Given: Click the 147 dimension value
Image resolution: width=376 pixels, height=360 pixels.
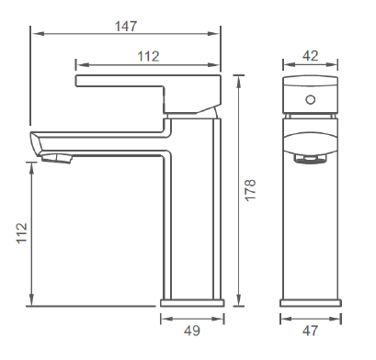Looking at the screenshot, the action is click(x=126, y=27).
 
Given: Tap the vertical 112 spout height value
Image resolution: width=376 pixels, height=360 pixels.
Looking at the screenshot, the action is click(x=22, y=233).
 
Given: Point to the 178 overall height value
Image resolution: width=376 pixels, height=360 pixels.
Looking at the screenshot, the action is click(x=250, y=190).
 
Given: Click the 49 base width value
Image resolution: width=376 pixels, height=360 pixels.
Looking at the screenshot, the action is click(x=192, y=331).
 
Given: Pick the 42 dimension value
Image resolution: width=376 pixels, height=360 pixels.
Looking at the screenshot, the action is click(x=311, y=56).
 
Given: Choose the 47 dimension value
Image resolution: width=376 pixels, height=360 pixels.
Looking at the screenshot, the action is click(x=310, y=331).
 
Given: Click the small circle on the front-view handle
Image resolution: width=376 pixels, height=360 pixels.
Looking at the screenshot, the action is click(x=311, y=99).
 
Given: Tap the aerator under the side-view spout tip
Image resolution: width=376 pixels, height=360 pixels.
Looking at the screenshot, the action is click(x=57, y=158).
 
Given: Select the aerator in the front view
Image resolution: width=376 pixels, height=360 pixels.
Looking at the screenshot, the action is click(x=311, y=159).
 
